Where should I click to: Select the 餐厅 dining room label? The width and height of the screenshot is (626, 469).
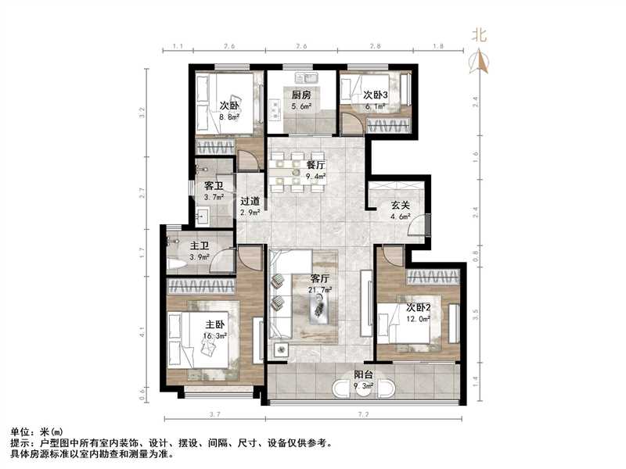pos(316,166)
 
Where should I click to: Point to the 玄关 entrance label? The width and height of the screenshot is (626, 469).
pos(401,206)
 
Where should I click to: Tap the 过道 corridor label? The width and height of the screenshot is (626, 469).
pos(250,201)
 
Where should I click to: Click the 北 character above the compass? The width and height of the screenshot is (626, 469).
pos(479,34)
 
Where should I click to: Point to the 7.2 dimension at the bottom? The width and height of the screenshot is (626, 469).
pos(363,414)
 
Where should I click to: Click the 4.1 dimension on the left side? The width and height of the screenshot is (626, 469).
pos(142,331)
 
